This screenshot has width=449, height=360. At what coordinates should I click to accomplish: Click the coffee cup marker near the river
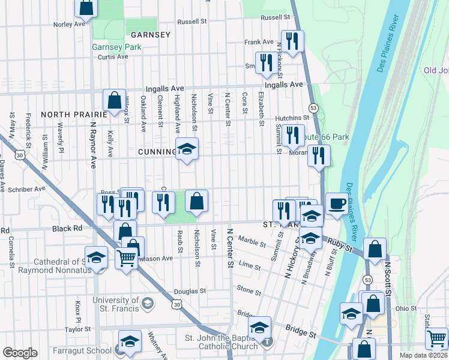336,203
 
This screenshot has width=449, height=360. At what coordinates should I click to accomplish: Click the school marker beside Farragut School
130,341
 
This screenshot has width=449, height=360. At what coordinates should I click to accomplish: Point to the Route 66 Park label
328,137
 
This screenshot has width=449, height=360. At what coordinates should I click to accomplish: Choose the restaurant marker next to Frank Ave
292,41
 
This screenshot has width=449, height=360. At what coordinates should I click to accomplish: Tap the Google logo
20,353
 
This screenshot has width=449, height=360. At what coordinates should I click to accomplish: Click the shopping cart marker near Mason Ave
127,259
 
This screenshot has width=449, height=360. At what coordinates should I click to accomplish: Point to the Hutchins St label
292,119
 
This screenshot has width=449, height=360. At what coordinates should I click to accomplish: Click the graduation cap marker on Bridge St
259,328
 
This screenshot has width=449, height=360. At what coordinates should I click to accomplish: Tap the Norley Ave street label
69,25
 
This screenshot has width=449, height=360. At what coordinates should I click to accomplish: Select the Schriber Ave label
26,188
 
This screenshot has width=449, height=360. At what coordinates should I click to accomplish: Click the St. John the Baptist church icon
267,342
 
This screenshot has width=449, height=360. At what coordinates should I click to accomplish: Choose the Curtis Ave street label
113,58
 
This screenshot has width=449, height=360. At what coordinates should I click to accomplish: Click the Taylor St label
77,329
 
